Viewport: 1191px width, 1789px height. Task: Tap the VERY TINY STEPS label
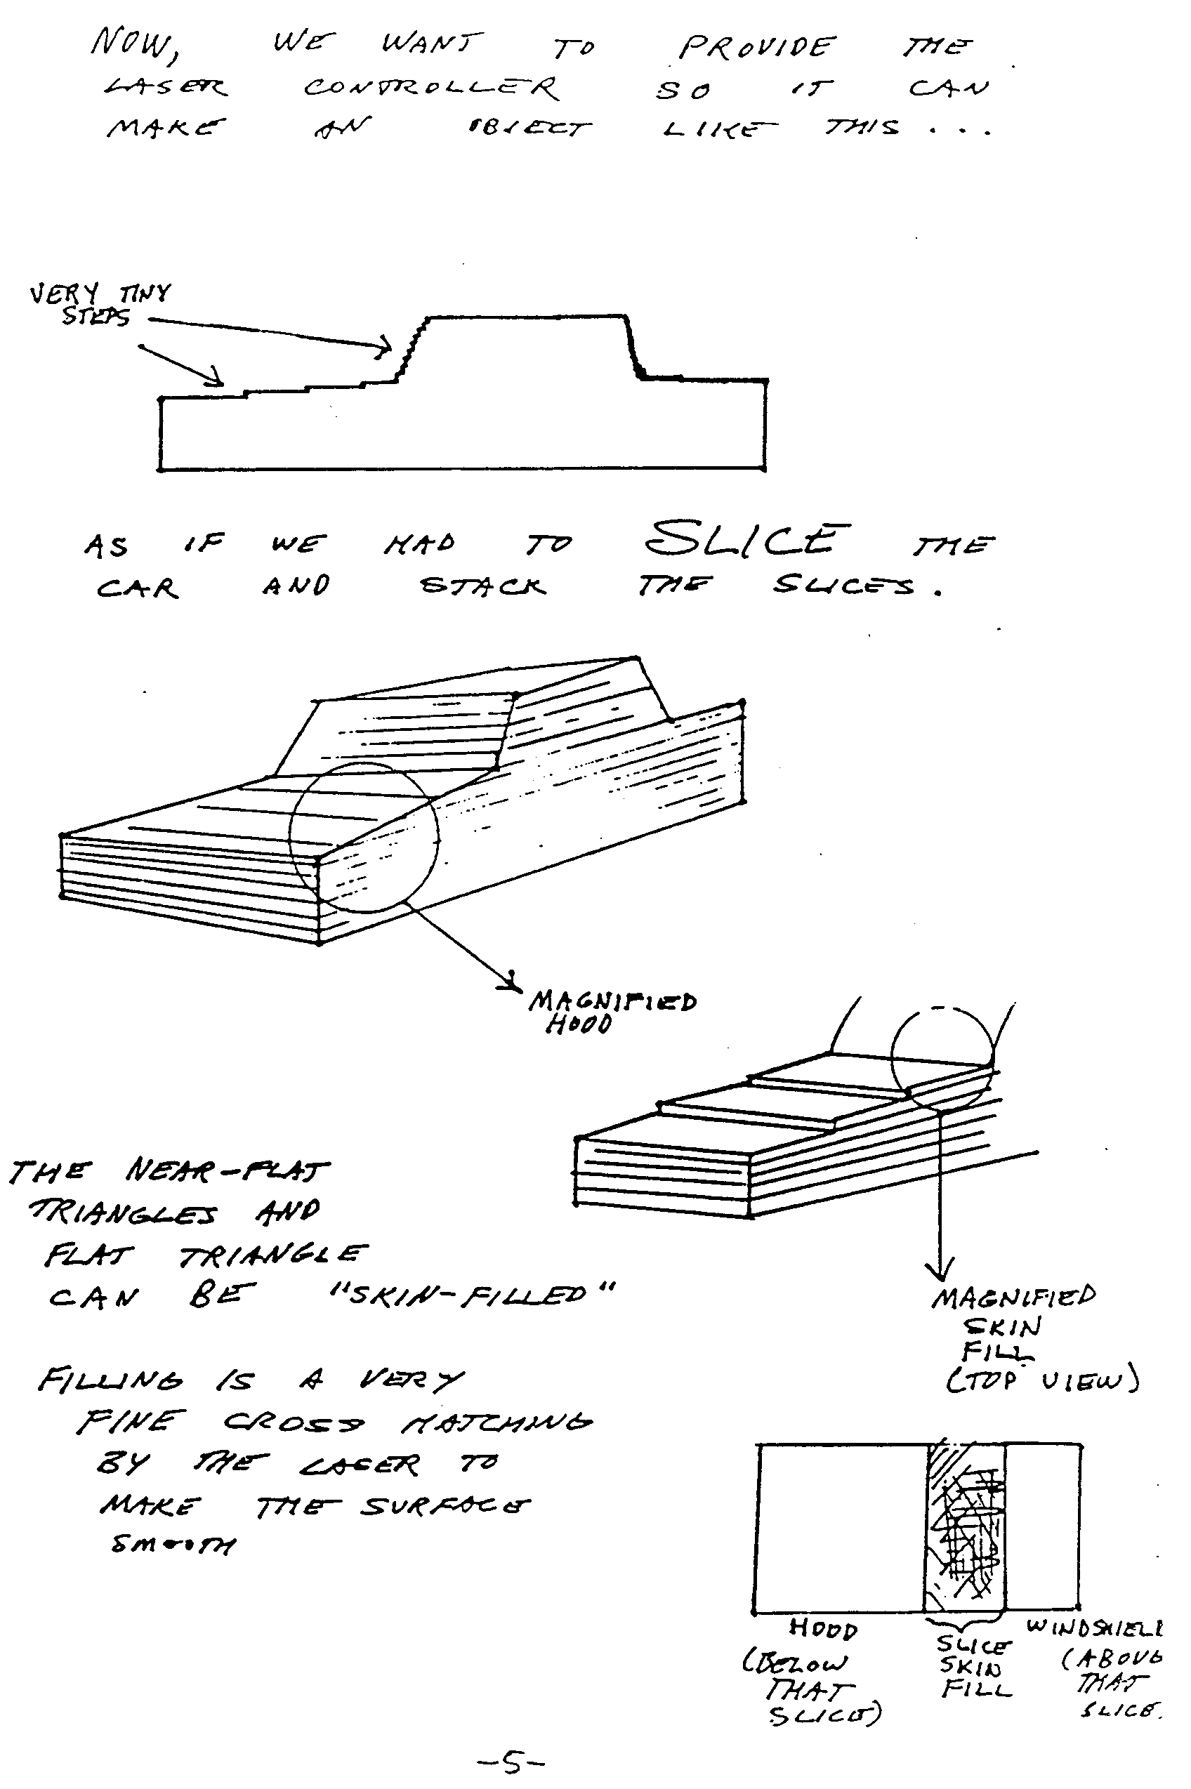point(99,304)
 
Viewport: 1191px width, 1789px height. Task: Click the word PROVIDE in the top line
point(756,48)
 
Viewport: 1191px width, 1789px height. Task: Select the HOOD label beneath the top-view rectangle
point(822,1628)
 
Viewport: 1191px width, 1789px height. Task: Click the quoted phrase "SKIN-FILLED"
point(471,1293)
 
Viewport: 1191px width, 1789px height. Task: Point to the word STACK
point(483,586)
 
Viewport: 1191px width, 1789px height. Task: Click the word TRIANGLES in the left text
point(121,1213)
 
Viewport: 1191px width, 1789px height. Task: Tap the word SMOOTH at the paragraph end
point(173,1544)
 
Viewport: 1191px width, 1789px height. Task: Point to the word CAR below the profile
point(138,588)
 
